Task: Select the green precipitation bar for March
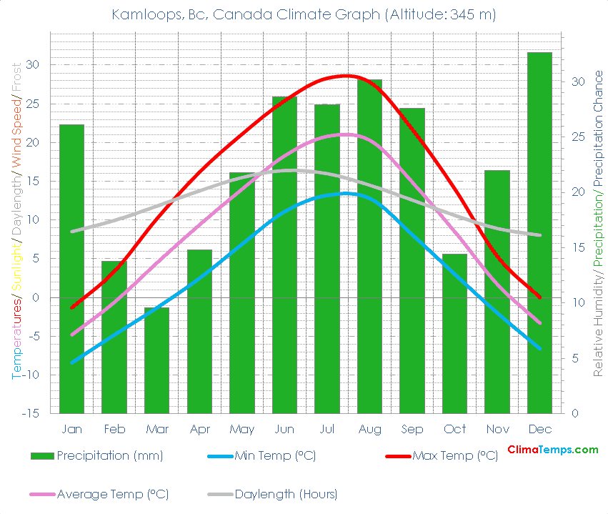156,360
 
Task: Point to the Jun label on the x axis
284,429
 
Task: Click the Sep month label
412,429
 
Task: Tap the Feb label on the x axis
114,429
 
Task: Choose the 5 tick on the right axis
573,358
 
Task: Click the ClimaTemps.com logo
552,450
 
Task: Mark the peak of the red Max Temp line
347,75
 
